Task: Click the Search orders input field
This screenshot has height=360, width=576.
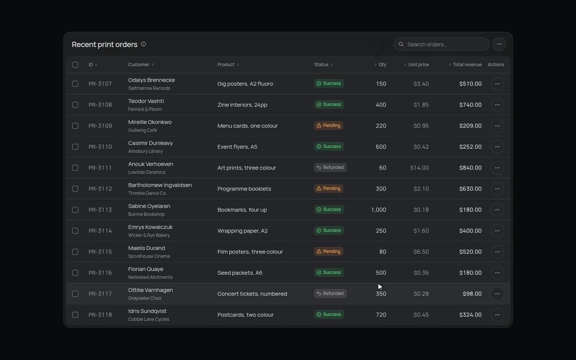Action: pyautogui.click(x=441, y=44)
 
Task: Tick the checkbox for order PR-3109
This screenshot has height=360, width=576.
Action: pyautogui.click(x=75, y=126)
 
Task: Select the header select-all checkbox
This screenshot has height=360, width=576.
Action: pyautogui.click(x=75, y=64)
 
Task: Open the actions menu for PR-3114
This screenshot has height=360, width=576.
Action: pyautogui.click(x=497, y=231)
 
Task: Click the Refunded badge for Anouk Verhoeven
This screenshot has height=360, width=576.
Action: pyautogui.click(x=330, y=167)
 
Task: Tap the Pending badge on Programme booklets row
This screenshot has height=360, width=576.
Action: pyautogui.click(x=329, y=189)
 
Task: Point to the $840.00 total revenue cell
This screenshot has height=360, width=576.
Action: pyautogui.click(x=470, y=168)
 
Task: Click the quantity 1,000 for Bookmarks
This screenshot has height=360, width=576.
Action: pyautogui.click(x=378, y=210)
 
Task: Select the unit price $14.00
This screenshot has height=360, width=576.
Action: pyautogui.click(x=419, y=168)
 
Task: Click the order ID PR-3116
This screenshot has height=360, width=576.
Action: pyautogui.click(x=100, y=273)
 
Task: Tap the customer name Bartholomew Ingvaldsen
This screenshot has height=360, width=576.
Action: pyautogui.click(x=160, y=185)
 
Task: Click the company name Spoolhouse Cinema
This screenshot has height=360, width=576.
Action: pyautogui.click(x=149, y=256)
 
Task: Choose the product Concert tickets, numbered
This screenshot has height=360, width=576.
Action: pyautogui.click(x=252, y=294)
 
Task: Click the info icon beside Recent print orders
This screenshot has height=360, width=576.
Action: pyautogui.click(x=144, y=44)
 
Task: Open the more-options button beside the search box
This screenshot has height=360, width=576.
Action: pyautogui.click(x=499, y=44)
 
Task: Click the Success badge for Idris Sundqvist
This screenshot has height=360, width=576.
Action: pyautogui.click(x=329, y=315)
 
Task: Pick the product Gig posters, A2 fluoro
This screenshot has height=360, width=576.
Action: pyautogui.click(x=245, y=84)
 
